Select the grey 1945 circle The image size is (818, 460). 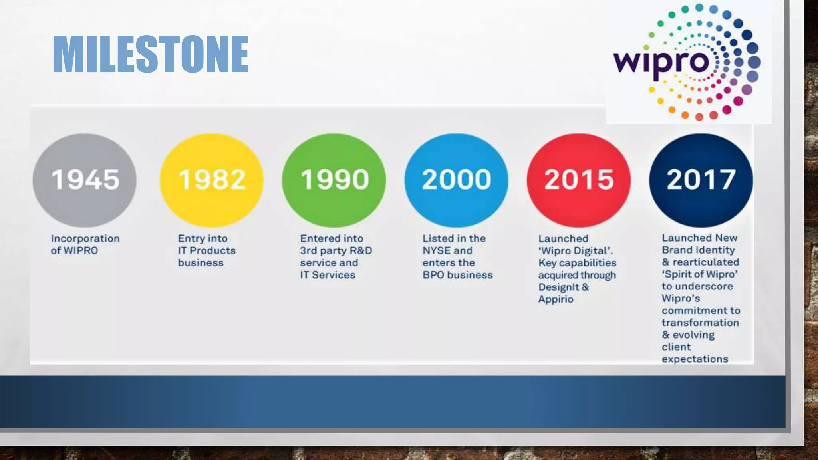click(85, 180)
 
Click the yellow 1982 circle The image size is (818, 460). click(212, 180)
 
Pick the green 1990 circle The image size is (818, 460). click(334, 180)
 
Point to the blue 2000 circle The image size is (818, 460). click(457, 180)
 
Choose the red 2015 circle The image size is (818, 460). click(579, 180)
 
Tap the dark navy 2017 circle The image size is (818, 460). click(701, 180)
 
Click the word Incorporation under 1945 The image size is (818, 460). click(85, 238)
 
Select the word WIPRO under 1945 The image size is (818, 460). click(80, 251)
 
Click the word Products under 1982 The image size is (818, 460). click(212, 251)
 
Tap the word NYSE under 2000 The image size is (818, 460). click(436, 251)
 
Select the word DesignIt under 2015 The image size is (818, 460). click(558, 287)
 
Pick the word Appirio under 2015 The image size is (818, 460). click(556, 299)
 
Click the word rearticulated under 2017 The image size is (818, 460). click(706, 262)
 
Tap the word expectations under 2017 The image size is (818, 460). click(695, 359)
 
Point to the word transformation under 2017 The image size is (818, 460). click(700, 323)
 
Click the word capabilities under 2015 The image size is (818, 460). click(588, 263)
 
